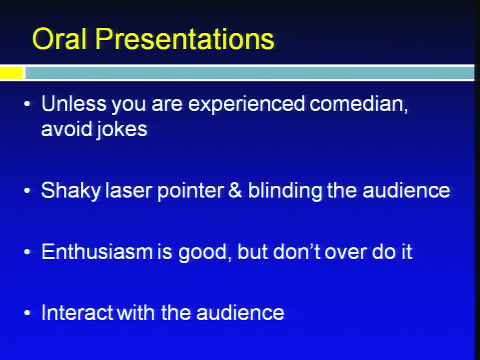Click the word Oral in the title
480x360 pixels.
pos(59,39)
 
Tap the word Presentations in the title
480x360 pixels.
pos(185,39)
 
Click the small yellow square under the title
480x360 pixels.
pos(11,73)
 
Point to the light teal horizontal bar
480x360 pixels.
pos(250,73)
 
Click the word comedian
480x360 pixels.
pos(359,104)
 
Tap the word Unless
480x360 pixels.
pos(74,103)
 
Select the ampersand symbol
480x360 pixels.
pos(235,190)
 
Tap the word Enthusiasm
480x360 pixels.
pos(97,251)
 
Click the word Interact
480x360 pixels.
pos(77,312)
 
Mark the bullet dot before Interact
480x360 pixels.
pos(27,313)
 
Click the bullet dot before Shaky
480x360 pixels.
pos(27,190)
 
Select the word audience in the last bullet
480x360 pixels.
pos(240,312)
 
